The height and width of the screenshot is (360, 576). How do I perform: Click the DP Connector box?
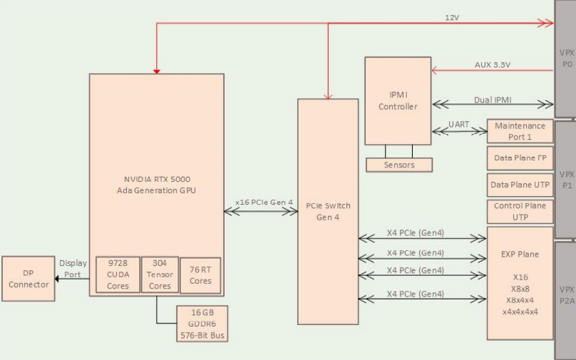coord(29,278)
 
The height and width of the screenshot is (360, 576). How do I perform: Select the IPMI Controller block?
coord(398,100)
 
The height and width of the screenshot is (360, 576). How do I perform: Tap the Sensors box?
coord(399,165)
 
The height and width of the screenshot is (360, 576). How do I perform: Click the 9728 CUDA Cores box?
coord(118,275)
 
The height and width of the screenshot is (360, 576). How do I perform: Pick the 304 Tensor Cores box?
coord(160,275)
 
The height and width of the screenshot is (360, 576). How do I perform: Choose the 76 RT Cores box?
coord(200,275)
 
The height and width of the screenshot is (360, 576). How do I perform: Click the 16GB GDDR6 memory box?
coord(202,324)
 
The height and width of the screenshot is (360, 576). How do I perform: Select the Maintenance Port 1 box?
coord(520,131)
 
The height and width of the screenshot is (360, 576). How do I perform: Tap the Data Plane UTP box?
coord(520,185)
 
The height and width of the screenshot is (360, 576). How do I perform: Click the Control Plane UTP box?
coord(520,211)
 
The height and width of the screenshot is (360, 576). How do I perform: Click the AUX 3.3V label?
coord(493,65)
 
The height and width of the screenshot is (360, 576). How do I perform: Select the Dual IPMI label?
coord(493,100)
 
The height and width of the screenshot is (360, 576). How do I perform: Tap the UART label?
coord(459,125)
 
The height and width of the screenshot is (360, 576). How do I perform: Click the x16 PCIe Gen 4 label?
coord(264,202)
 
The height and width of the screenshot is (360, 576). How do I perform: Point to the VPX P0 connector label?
coord(567,58)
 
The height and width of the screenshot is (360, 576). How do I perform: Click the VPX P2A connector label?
coord(567,295)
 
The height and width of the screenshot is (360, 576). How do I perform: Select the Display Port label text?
coord(73,268)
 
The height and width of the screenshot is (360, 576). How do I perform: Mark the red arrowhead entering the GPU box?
coord(157,71)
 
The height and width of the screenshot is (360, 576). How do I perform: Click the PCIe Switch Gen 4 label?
coord(328,211)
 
